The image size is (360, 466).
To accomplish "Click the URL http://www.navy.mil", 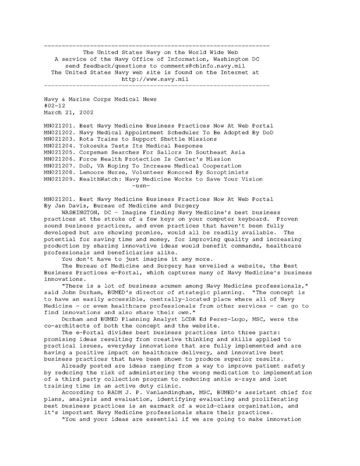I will (155, 79).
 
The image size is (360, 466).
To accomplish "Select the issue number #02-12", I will (54, 106).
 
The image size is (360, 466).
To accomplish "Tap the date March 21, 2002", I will (69, 113).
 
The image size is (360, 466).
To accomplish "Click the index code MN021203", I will (60, 139).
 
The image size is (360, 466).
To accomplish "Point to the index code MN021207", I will (60, 166).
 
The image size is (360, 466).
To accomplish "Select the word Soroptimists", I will (227, 173).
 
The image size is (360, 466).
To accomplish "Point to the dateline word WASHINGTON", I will (79, 213).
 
